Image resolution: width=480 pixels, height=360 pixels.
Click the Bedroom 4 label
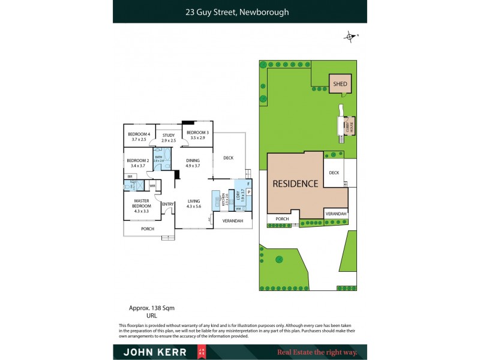click(x=139, y=134)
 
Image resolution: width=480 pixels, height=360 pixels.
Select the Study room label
click(x=169, y=136)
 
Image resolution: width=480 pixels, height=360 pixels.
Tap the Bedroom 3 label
click(x=197, y=133)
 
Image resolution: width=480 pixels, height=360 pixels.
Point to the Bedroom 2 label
click(x=137, y=160)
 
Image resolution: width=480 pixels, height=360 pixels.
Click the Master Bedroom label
click(x=141, y=201)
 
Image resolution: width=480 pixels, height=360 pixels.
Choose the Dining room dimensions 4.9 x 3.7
click(x=193, y=166)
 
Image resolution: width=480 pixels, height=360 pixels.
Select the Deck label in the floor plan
click(x=228, y=158)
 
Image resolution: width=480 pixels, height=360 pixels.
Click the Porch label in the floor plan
click(x=148, y=229)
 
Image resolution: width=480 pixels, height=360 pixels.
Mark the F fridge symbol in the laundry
click(x=248, y=182)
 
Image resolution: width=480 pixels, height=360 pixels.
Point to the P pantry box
click(x=248, y=192)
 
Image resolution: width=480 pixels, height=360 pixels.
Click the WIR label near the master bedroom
click(x=152, y=185)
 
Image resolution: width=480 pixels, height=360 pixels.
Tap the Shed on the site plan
click(x=340, y=85)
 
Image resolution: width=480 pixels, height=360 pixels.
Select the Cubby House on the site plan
click(x=349, y=125)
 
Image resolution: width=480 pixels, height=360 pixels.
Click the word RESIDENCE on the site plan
click(x=295, y=184)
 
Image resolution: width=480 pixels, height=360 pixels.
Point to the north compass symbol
click(x=350, y=37)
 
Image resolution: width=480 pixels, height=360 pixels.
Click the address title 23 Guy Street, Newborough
click(x=239, y=11)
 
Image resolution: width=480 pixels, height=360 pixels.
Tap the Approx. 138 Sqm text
click(x=152, y=308)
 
